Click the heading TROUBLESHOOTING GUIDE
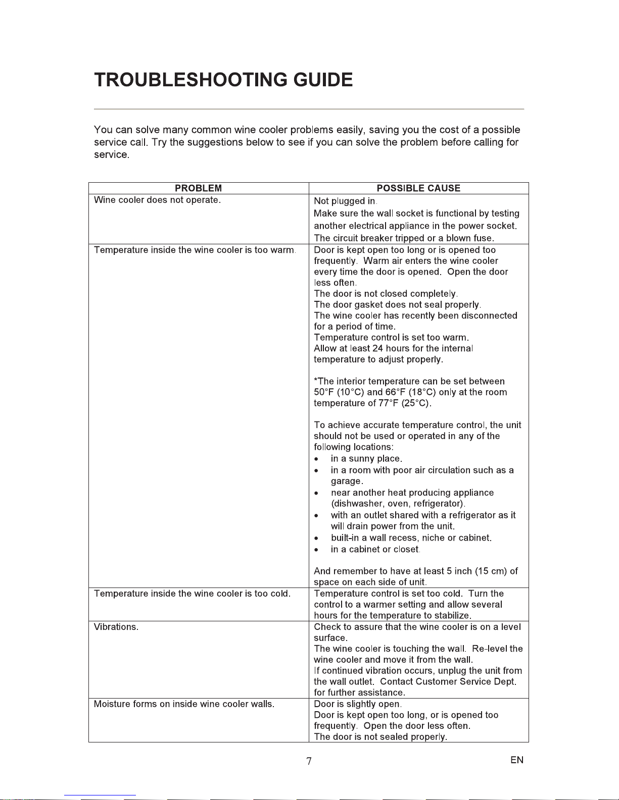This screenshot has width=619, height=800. [223, 80]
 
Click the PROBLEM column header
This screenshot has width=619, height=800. [198, 188]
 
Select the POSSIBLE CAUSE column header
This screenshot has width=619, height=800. [418, 188]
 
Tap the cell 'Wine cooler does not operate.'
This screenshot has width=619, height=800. [157, 200]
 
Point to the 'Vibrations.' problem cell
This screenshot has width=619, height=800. [116, 627]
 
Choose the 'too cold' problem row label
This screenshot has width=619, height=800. [192, 594]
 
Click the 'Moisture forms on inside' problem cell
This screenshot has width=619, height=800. [184, 704]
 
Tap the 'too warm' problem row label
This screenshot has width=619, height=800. [194, 250]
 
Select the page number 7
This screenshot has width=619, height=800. [309, 761]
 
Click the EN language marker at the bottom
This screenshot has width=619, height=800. [516, 760]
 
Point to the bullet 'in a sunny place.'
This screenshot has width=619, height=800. [366, 459]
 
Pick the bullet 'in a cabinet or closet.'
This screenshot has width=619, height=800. [375, 549]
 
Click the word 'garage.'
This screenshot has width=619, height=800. [347, 482]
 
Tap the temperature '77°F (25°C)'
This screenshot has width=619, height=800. [404, 403]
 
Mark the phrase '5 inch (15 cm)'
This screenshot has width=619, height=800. [477, 571]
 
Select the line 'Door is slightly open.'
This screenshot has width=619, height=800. [358, 704]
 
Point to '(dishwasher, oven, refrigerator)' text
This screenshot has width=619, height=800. [398, 504]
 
